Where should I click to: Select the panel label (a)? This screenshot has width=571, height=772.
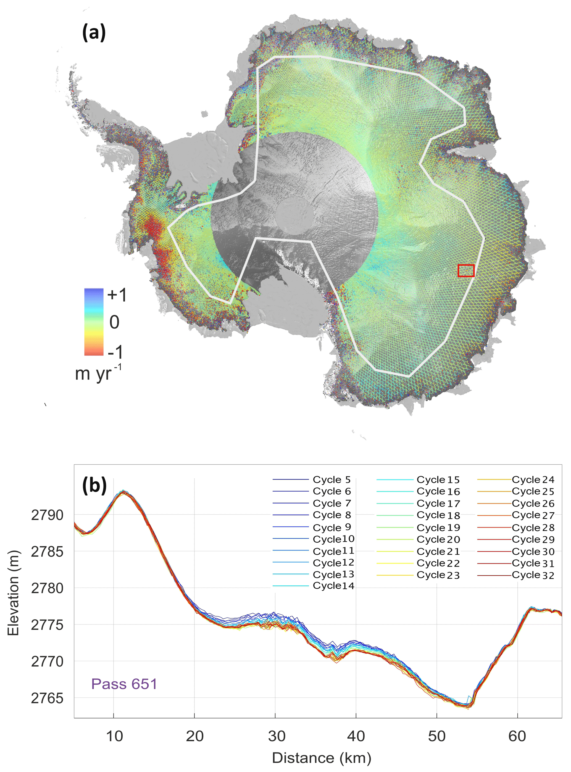(94, 33)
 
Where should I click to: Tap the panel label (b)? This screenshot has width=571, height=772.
(94, 486)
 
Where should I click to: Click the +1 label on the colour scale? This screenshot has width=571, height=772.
(117, 295)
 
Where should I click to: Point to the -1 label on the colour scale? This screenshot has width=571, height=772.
(115, 352)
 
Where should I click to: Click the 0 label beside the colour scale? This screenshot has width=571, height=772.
(114, 322)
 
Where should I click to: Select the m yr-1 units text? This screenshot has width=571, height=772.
(98, 373)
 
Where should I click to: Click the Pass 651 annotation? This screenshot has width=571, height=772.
(124, 684)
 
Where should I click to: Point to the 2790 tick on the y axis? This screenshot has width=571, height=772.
(47, 515)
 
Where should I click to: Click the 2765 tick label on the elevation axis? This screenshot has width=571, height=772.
(47, 699)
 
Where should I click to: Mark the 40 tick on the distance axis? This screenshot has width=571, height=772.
(356, 736)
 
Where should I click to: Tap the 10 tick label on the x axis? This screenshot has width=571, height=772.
(114, 736)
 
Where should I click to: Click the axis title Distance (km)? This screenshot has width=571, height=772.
(322, 758)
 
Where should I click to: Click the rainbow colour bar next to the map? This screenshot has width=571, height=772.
(94, 322)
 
